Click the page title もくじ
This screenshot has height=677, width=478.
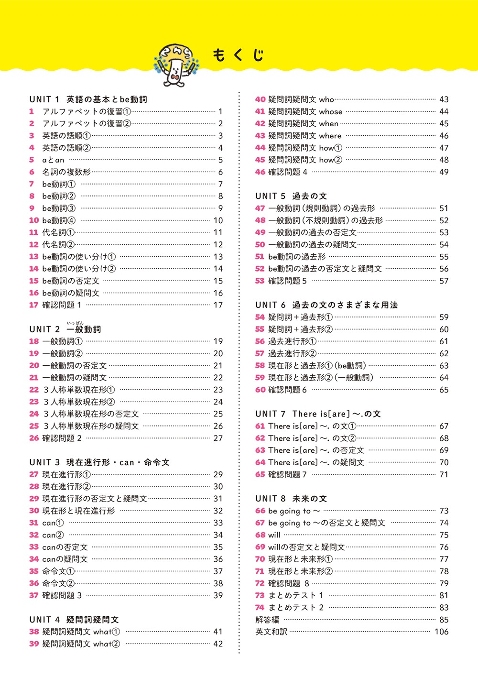tap(238, 55)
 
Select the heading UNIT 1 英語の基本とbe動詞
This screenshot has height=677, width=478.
tap(88, 99)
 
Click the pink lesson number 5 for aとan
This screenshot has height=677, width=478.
tap(32, 160)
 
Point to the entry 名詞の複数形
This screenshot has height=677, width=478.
tap(66, 172)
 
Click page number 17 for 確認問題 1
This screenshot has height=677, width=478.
tap(218, 305)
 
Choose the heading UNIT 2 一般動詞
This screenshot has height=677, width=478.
tap(65, 329)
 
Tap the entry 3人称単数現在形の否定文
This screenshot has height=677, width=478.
tap(91, 414)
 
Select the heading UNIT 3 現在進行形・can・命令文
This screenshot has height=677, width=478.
tap(99, 462)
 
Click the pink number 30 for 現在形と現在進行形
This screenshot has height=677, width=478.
tap(34, 511)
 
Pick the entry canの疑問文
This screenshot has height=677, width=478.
tap(65, 559)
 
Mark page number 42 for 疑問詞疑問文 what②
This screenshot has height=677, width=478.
tap(218, 644)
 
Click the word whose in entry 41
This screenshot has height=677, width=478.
tap(331, 111)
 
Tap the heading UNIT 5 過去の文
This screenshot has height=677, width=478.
tap(291, 196)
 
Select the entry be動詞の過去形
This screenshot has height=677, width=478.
tap(296, 257)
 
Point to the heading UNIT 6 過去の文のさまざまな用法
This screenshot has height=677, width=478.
tap(326, 305)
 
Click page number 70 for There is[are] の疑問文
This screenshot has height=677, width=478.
tap(444, 462)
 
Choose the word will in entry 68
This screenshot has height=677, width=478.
tap(274, 535)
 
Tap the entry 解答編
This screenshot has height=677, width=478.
tap(267, 620)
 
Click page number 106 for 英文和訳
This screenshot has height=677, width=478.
tap(441, 632)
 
